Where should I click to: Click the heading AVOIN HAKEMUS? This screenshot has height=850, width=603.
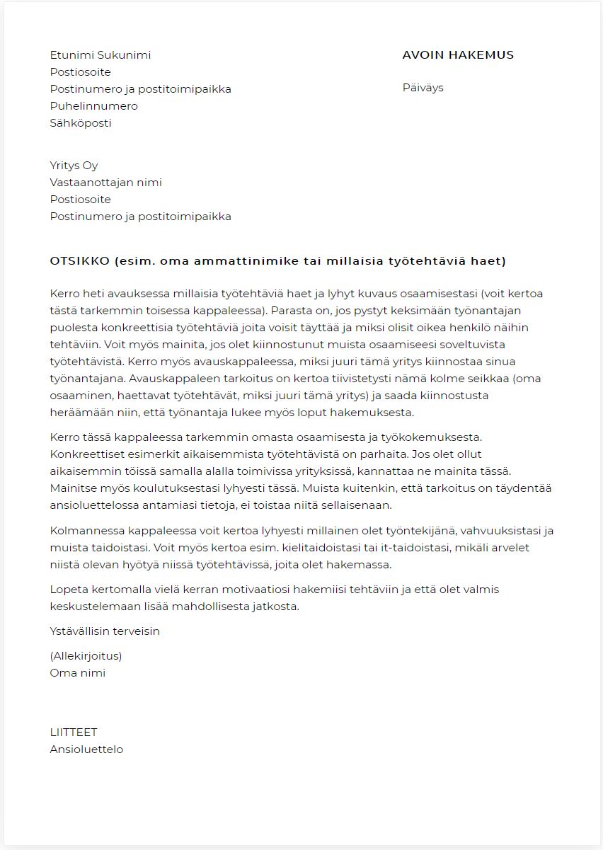tap(458, 55)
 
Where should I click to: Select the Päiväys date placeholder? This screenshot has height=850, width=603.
tap(423, 88)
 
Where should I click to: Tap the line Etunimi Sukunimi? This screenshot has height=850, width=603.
tap(100, 55)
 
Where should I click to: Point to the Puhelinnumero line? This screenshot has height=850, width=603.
tap(93, 106)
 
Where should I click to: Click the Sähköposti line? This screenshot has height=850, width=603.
tap(81, 123)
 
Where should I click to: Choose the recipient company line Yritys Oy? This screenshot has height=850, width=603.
tap(74, 166)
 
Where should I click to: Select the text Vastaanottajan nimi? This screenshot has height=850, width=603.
tap(105, 183)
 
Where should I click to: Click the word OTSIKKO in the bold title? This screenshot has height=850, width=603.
tap(79, 261)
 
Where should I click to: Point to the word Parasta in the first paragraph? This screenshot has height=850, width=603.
tap(292, 311)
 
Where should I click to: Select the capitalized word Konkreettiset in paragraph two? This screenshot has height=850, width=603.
tap(86, 454)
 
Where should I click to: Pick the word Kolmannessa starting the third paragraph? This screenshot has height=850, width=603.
tap(85, 531)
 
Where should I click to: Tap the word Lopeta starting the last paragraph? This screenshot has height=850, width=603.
tap(67, 589)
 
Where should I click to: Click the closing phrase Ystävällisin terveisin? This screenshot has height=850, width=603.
tap(105, 631)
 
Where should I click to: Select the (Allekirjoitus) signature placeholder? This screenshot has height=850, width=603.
tap(86, 656)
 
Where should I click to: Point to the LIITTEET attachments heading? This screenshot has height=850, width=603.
tap(74, 733)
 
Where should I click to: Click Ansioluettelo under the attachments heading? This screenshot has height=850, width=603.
tap(86, 750)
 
